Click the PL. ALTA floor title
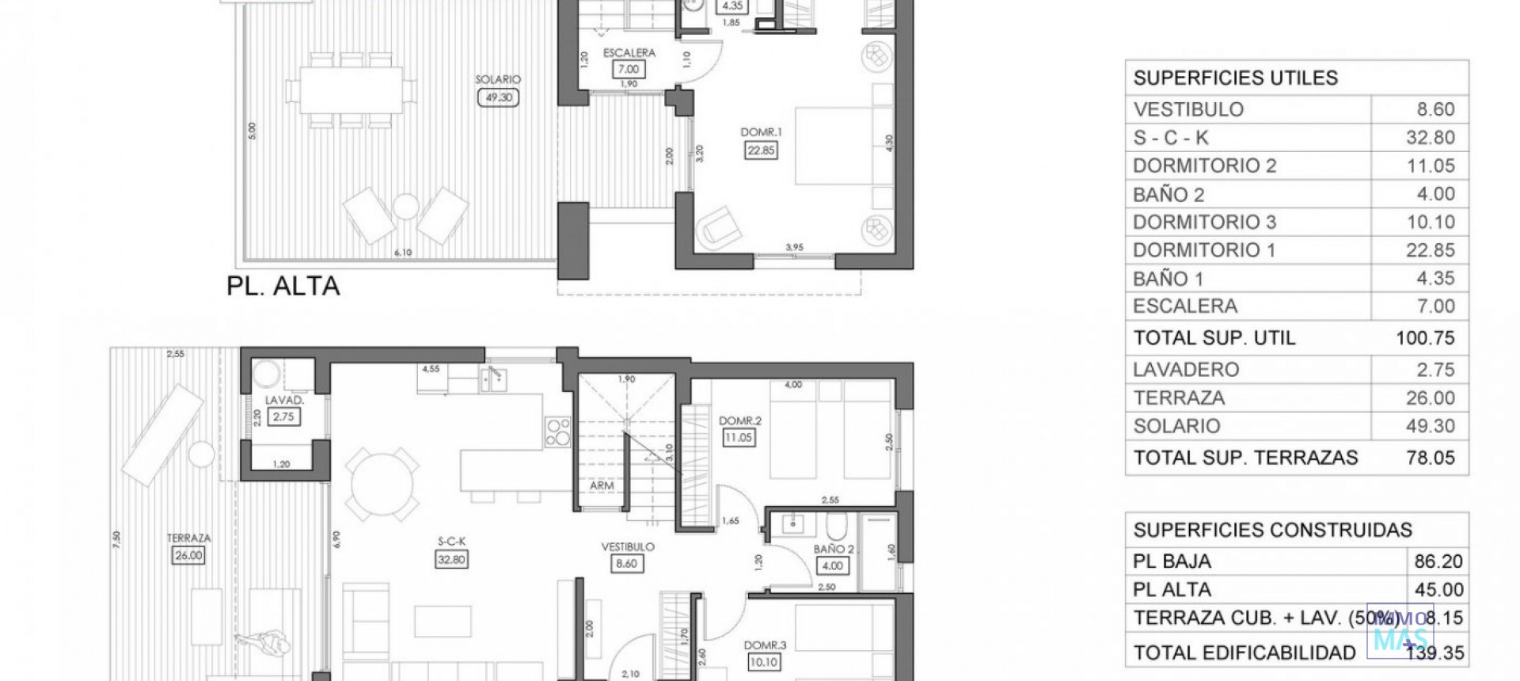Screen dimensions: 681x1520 pos(283,286)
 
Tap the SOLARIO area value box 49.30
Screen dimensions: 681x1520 pos(499,97)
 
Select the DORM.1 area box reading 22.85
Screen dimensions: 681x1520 pos(761,150)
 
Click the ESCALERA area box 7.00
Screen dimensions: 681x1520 pos(629,69)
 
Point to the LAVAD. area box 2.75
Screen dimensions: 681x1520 pos(283,417)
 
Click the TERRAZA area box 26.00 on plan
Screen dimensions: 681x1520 pos(188,555)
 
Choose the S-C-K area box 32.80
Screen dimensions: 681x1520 pos(451,559)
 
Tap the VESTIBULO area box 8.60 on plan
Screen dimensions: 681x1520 pos(626,564)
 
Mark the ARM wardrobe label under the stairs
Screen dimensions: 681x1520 pos(602,485)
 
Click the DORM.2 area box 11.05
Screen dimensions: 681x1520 pos(739,437)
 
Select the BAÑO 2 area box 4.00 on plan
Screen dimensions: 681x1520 pos(832,565)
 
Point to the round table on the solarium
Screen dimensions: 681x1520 pos(405,207)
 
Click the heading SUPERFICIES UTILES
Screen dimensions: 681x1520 pos(1235,78)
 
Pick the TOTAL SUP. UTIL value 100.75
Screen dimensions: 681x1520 pos(1425,338)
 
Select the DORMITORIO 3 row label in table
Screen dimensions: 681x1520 pos(1204,222)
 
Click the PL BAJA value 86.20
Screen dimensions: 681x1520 pos(1438,561)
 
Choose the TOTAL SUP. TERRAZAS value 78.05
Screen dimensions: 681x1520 pos(1430,458)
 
